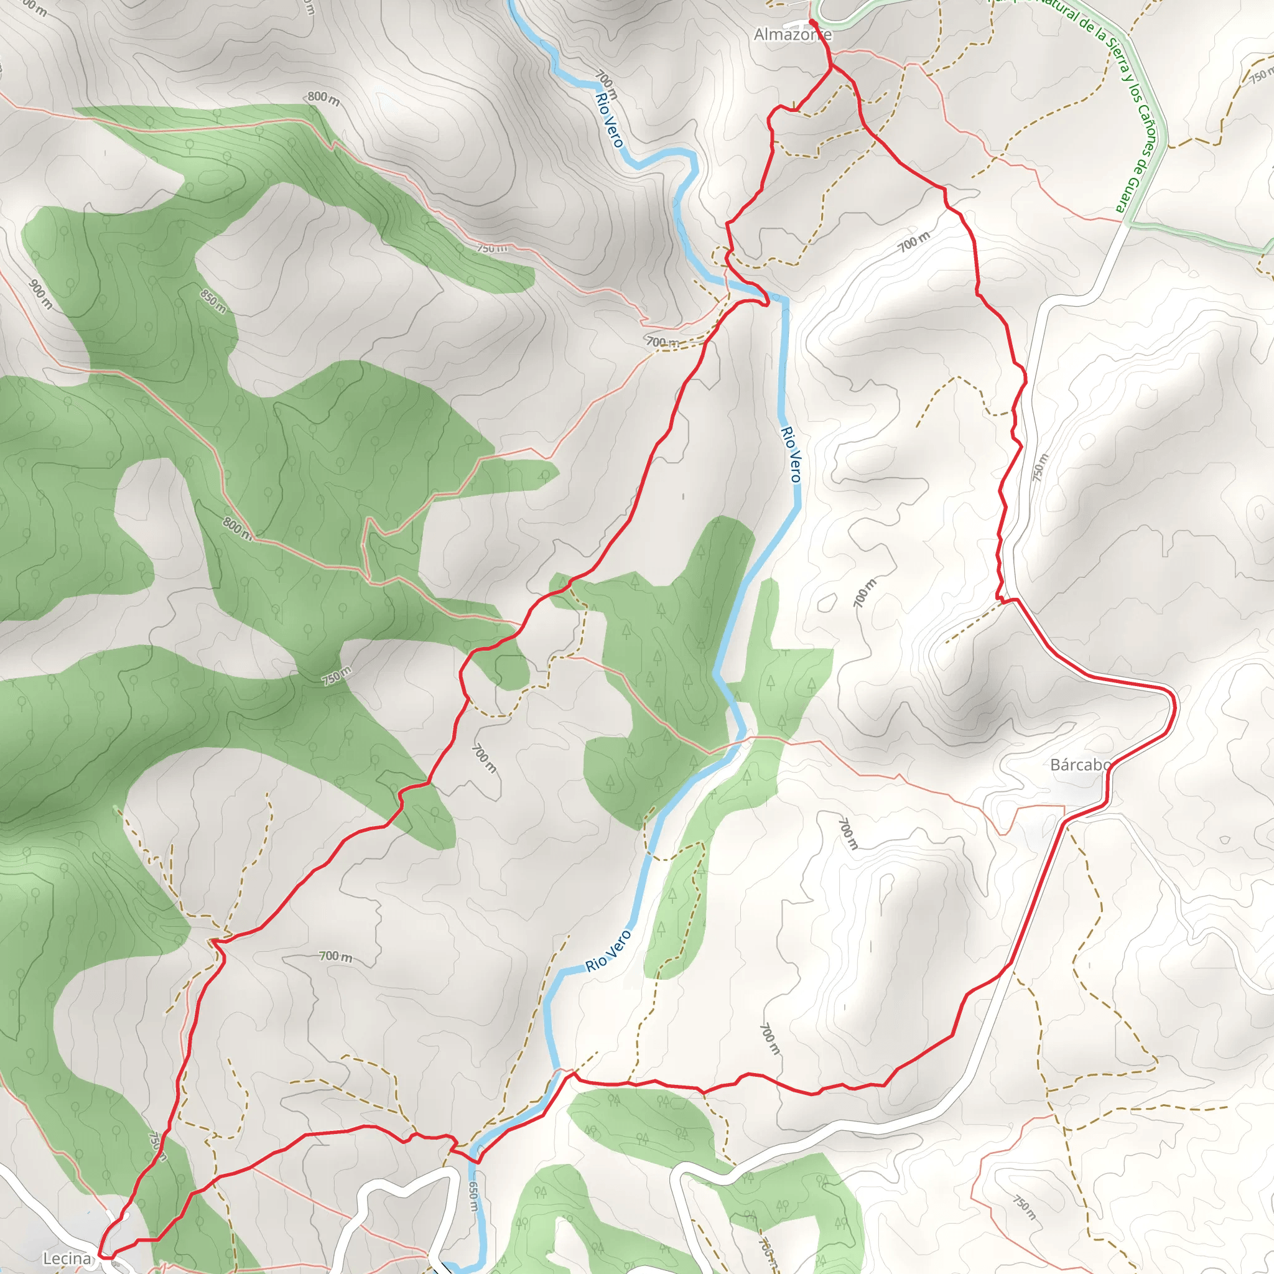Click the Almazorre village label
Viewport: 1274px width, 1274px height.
pos(792,34)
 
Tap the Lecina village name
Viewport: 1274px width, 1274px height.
pos(67,1258)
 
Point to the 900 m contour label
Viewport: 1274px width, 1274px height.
pos(41,294)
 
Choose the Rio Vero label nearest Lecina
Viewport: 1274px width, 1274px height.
pos(608,951)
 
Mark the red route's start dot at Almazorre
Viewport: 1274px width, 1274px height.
pos(812,22)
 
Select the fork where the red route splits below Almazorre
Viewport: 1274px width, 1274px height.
pos(832,66)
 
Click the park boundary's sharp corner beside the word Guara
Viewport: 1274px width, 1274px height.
pos(1129,222)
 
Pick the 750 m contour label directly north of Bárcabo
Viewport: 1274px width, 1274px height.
pos(1039,468)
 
